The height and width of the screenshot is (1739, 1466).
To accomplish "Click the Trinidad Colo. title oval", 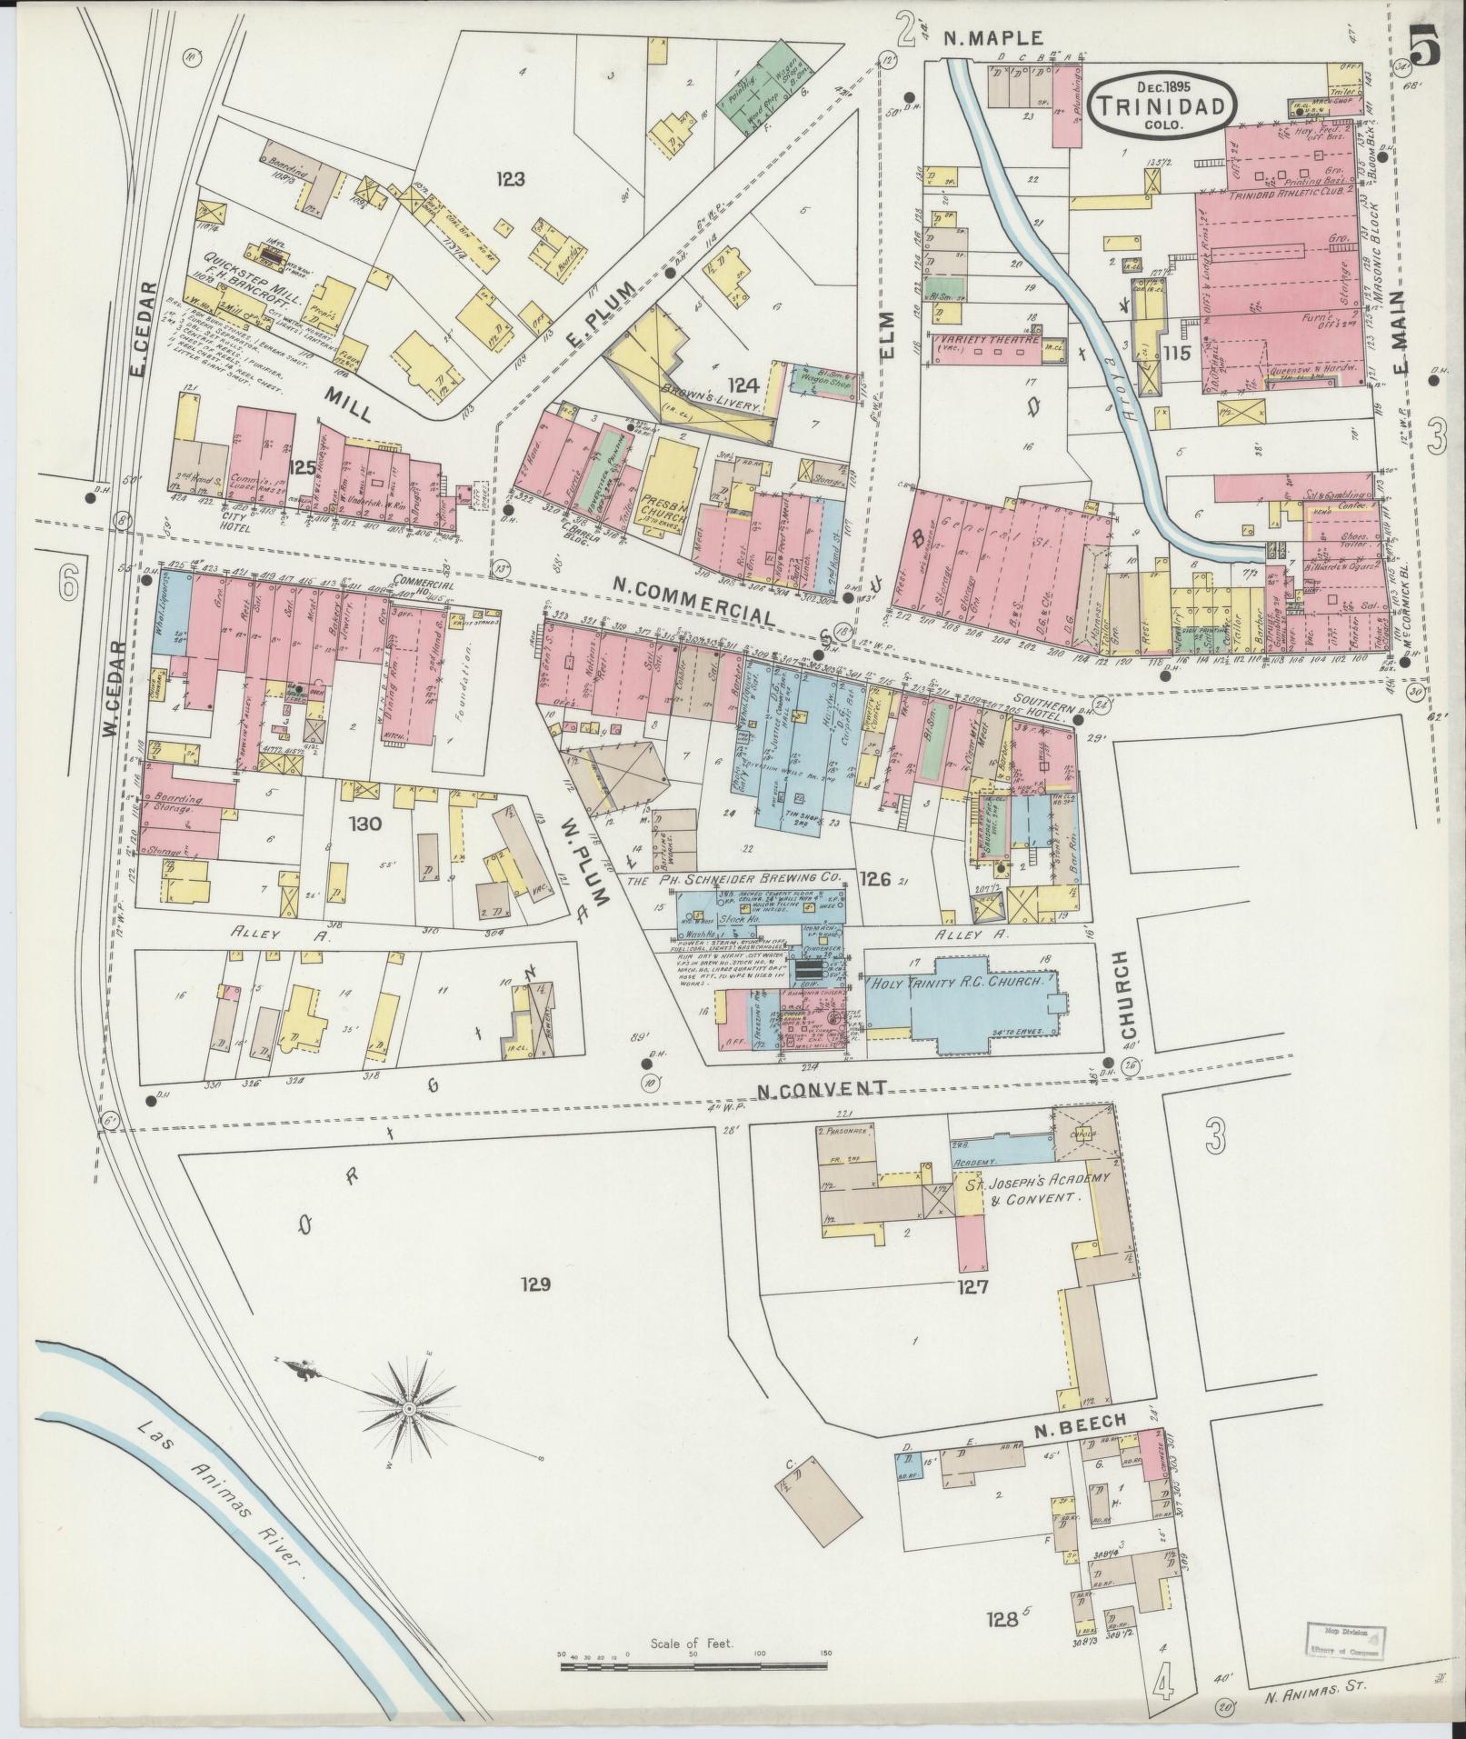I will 1164,105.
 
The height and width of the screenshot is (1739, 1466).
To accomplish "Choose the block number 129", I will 536,1284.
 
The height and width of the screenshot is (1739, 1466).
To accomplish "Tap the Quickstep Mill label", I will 225,257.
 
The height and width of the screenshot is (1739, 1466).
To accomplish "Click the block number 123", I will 512,179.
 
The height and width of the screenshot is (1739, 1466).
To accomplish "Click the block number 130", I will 370,825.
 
